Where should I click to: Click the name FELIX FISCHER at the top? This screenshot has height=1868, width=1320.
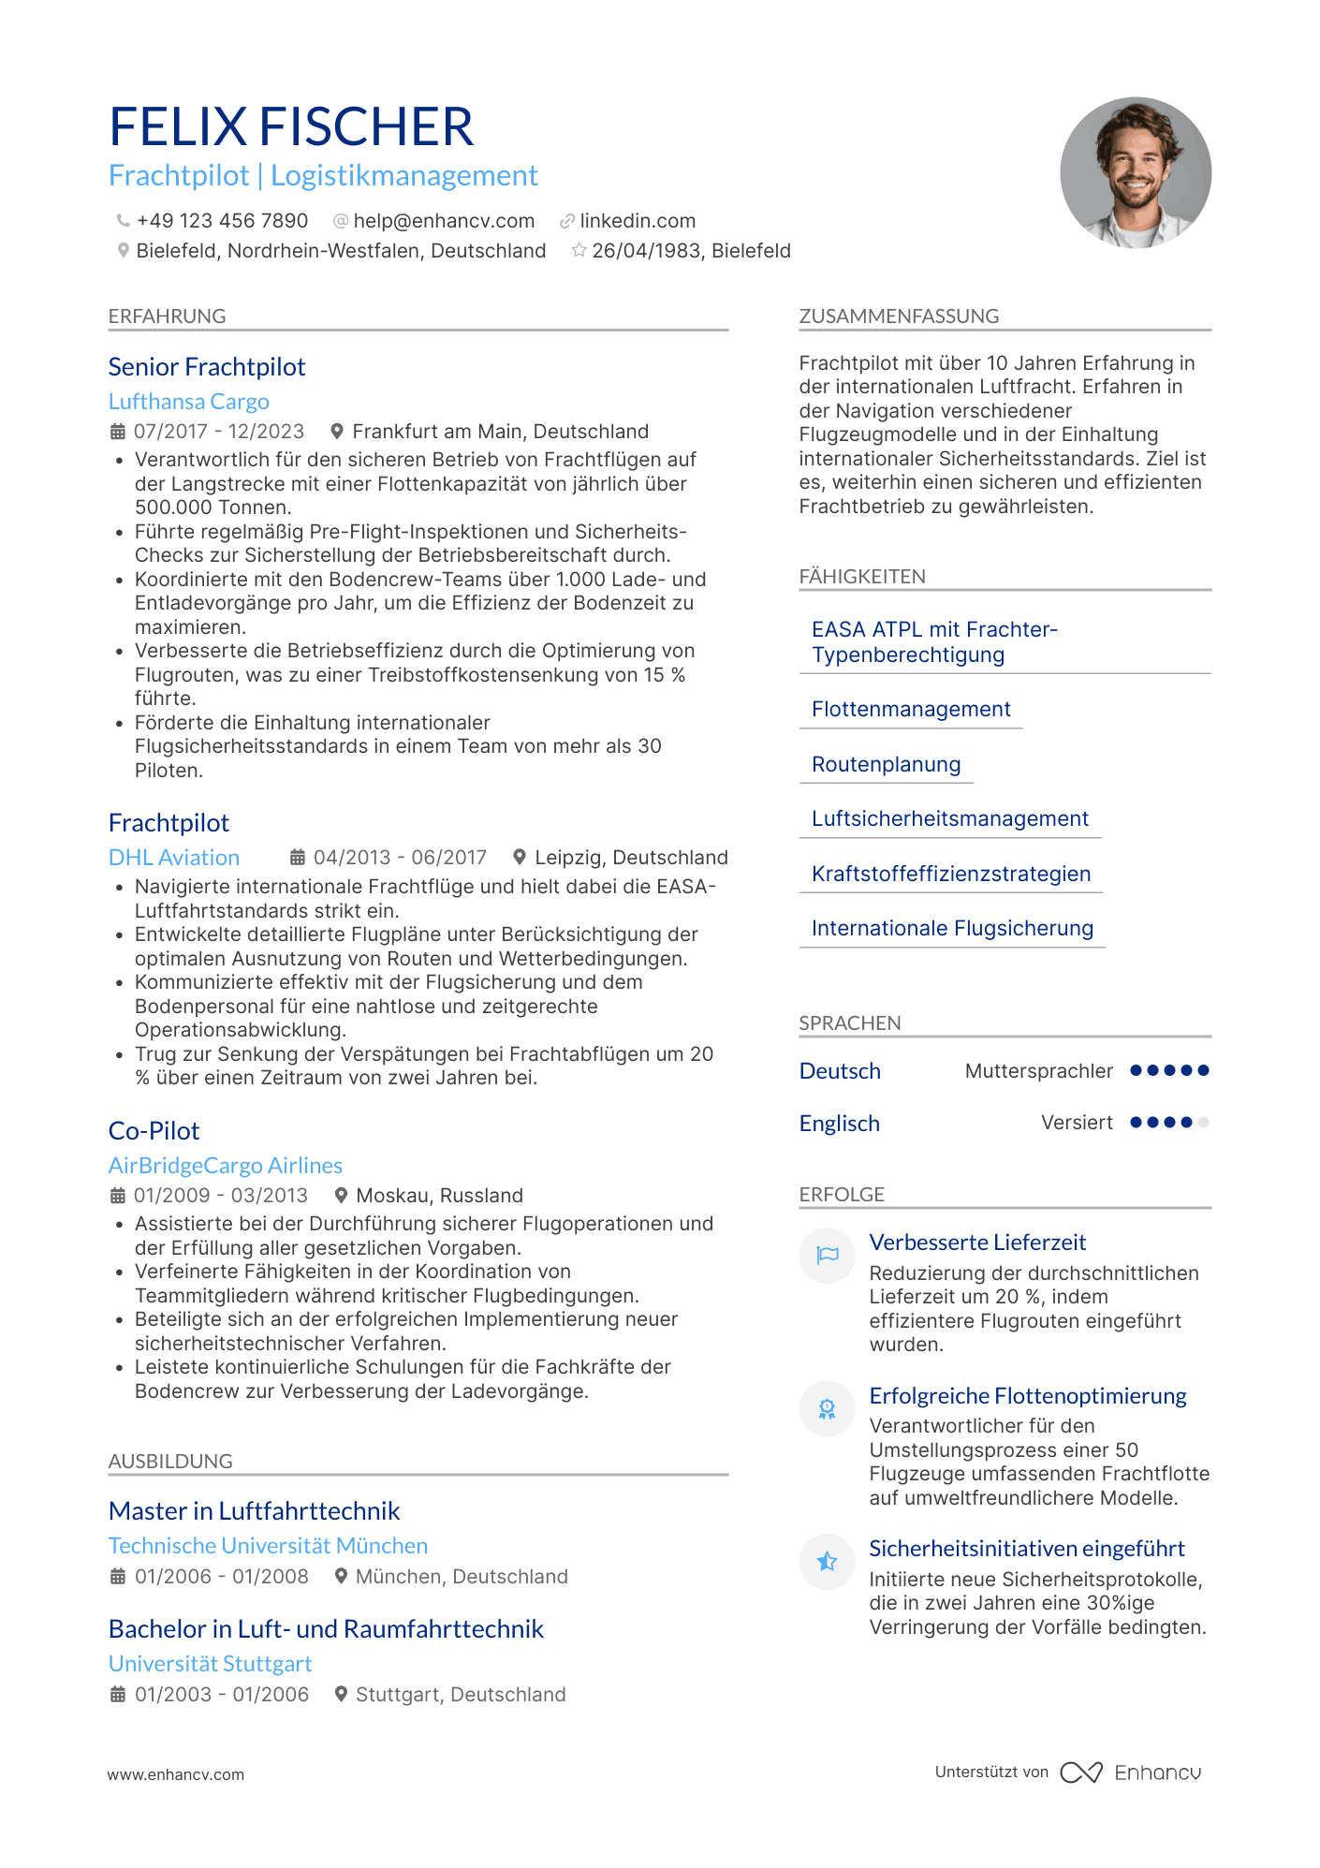(291, 127)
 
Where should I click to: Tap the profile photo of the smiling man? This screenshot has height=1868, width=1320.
(1135, 173)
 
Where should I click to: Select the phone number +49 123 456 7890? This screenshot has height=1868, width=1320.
(222, 221)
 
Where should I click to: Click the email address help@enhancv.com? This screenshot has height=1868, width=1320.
(444, 221)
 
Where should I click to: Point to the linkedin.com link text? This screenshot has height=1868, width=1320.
(638, 221)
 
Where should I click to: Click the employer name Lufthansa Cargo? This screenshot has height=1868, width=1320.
(189, 402)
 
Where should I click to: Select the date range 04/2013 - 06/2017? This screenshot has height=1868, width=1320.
(400, 858)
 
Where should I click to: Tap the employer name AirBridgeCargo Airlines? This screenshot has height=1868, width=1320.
(226, 1166)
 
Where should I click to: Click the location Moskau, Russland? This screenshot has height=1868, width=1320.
(439, 1196)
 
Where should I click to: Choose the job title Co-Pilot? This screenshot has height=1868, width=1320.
(154, 1131)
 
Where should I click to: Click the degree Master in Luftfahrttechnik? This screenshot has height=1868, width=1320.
(255, 1511)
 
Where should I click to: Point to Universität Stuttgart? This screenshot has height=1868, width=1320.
(211, 1664)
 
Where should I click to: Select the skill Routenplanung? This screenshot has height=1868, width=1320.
(886, 764)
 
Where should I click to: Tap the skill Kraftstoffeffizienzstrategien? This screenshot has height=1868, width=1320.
(951, 874)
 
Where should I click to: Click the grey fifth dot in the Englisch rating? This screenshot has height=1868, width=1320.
(1203, 1123)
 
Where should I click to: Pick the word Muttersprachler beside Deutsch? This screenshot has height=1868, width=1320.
(1039, 1071)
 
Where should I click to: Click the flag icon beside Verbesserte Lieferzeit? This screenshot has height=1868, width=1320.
(828, 1256)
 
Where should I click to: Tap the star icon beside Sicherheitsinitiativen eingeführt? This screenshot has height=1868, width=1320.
(828, 1562)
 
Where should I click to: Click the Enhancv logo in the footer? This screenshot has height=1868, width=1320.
(1131, 1772)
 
